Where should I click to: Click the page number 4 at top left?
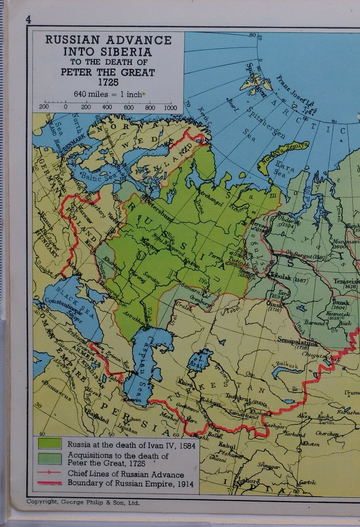click(x=29, y=19)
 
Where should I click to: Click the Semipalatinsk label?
click(x=298, y=340)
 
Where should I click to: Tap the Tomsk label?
click(x=341, y=303)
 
